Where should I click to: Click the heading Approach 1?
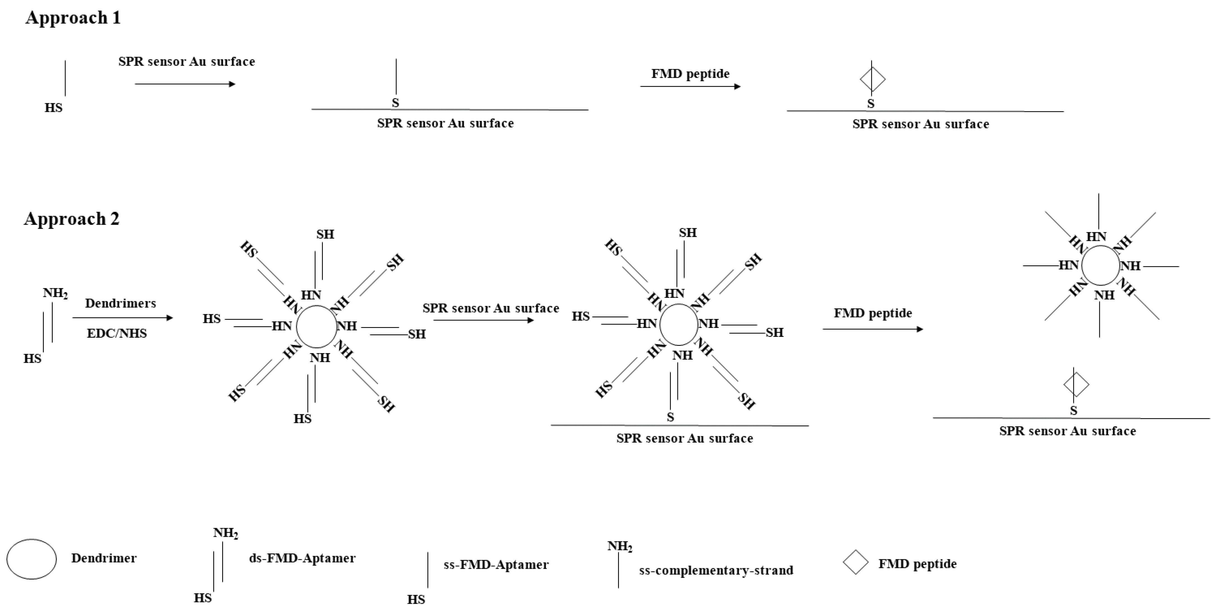click(73, 18)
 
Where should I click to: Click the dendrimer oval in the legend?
click(32, 559)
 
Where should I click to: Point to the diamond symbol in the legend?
click(856, 562)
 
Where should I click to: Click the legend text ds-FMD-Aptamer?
click(302, 558)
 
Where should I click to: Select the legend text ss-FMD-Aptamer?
click(496, 565)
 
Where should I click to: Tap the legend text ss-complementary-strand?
click(716, 570)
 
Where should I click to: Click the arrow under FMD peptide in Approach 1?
click(690, 87)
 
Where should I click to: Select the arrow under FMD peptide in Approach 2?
click(873, 329)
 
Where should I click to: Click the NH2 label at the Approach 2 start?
click(55, 293)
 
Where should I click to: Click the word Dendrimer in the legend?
click(104, 558)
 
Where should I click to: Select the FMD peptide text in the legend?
click(917, 564)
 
